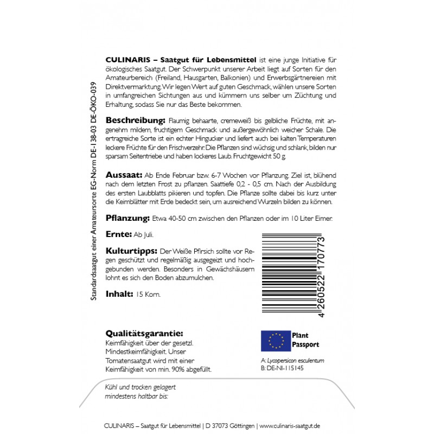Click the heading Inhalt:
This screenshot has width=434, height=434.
click(x=119, y=293)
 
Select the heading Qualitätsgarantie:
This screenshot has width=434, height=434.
click(x=143, y=333)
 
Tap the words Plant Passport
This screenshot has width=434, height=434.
click(x=305, y=340)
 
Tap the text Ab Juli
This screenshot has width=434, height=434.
click(x=144, y=235)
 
